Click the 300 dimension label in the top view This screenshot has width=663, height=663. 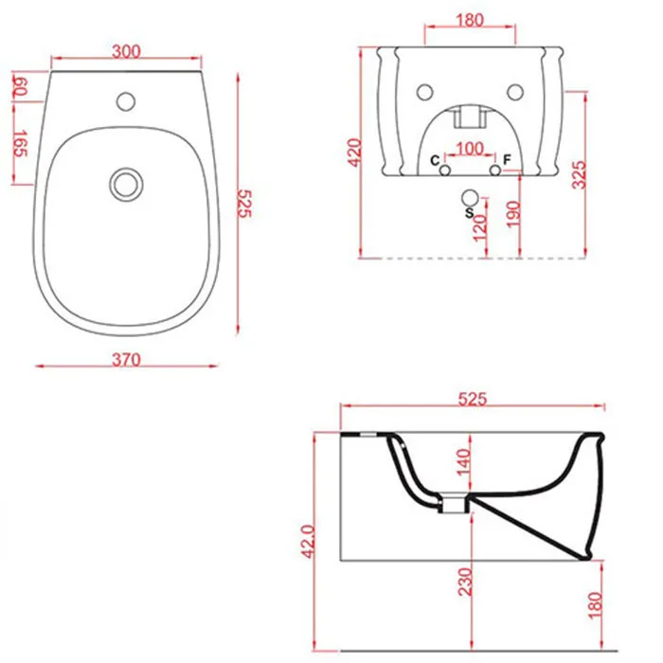point(126,51)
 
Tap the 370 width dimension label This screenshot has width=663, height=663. point(126,359)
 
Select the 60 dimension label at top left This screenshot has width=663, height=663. point(20,86)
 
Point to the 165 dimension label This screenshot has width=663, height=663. point(20,144)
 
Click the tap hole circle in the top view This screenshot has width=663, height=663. point(126,101)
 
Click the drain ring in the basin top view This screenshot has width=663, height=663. point(126,185)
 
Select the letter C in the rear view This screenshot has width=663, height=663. point(435,161)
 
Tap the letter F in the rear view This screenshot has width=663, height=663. point(507,160)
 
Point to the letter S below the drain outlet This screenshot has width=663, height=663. point(469,213)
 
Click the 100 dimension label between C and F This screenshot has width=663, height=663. point(470,149)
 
